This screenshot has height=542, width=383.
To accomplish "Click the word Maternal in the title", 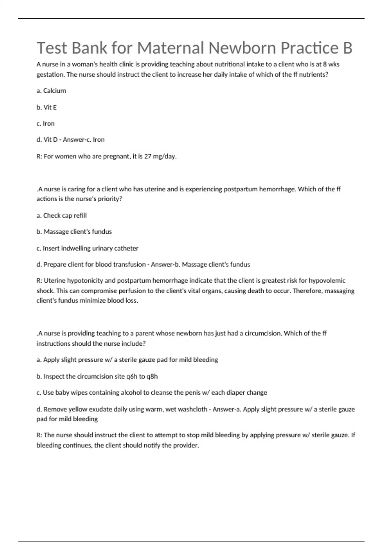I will point(170,48).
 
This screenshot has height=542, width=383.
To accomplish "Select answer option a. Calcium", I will point(51,91).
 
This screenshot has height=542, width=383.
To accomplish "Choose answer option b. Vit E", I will point(47,107).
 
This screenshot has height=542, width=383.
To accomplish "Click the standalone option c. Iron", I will point(46,124).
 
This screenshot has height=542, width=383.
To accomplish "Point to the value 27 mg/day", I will point(160,157).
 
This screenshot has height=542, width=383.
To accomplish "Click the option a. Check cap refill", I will point(62,216).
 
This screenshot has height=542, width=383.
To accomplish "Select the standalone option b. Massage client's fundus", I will point(74,232).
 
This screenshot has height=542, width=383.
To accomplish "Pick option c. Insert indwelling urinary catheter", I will point(87,248).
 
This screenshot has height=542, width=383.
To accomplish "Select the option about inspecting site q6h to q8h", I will point(97,377).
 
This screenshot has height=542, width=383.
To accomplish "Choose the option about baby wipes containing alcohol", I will point(152,393).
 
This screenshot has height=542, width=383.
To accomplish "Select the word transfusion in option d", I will point(129,265).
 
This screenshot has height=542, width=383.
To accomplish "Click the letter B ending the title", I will point(347,48).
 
